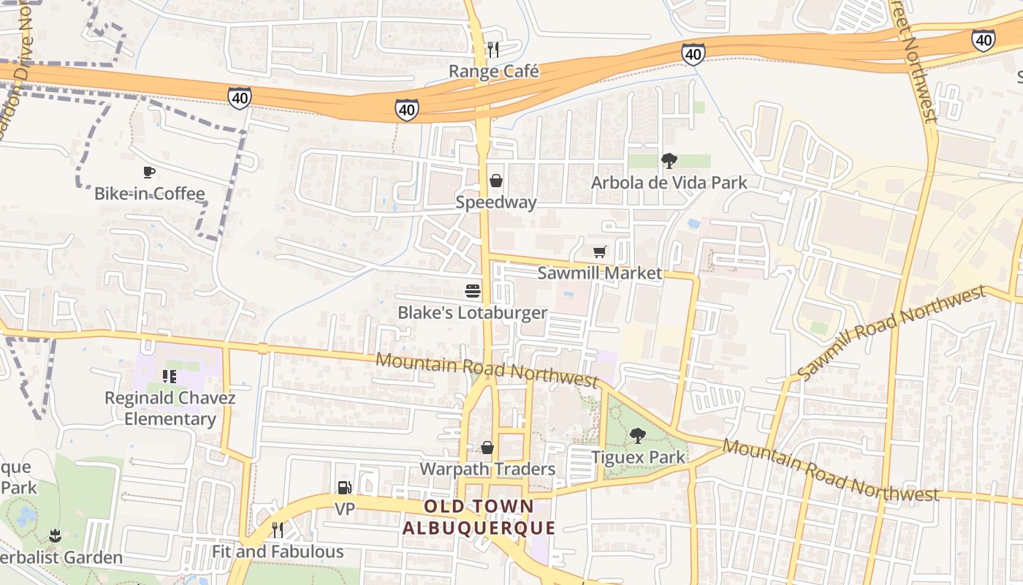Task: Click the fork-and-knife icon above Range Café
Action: click(x=493, y=50)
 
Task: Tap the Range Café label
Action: click(x=493, y=72)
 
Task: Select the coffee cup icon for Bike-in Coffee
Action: click(x=149, y=173)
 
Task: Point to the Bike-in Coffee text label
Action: click(x=149, y=194)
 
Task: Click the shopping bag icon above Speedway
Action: click(x=496, y=181)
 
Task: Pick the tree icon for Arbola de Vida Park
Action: click(x=669, y=161)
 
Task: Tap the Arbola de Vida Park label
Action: click(x=669, y=182)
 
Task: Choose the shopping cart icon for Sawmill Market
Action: click(x=600, y=252)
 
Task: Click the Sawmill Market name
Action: click(x=600, y=273)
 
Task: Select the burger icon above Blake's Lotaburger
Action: click(x=473, y=291)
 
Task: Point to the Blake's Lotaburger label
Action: click(x=473, y=313)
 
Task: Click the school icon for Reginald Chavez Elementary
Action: click(x=170, y=377)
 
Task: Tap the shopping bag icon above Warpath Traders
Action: click(x=487, y=448)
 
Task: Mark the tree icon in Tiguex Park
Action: click(x=638, y=436)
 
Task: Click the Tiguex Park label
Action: click(x=638, y=457)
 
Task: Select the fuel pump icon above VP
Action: click(x=344, y=488)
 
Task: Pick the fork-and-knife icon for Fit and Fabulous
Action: click(x=278, y=530)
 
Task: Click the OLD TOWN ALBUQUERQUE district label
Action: click(x=479, y=517)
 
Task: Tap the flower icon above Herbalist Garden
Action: click(x=55, y=536)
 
